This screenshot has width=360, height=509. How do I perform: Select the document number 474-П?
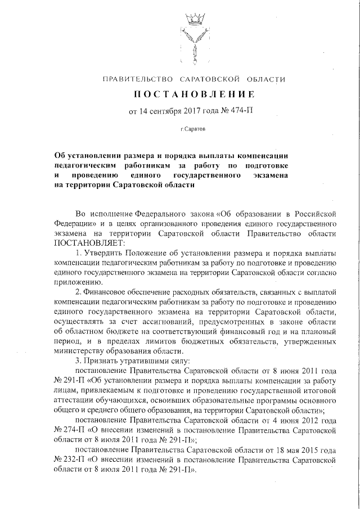[x=242, y=111]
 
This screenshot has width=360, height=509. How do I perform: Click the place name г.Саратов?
[x=193, y=129]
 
